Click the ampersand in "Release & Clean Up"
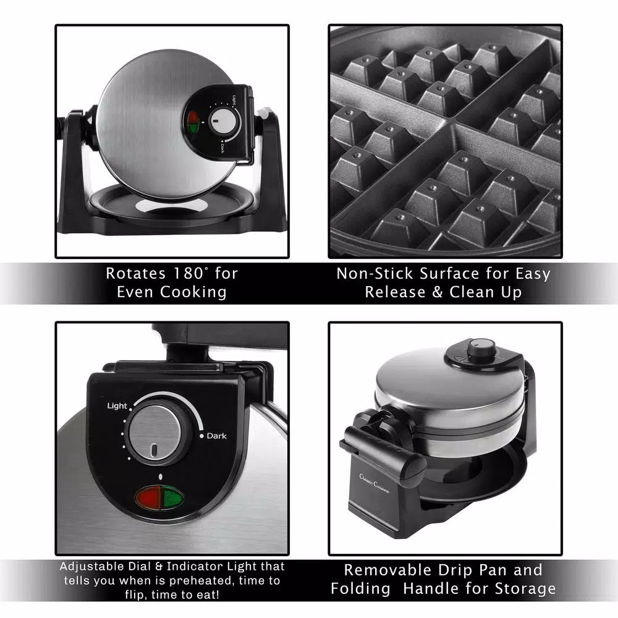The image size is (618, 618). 438,292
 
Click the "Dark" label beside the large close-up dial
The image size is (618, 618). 216,436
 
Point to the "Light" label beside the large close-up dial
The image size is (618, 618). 117,406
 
